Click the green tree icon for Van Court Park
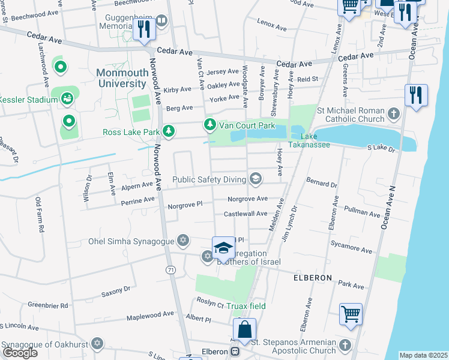pos(209,125)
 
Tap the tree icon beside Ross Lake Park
pos(170,131)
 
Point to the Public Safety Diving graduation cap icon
pos(256,179)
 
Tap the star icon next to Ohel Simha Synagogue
pos(183,241)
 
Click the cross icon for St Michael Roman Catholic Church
pos(393,114)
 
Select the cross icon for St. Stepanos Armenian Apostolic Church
pos(344,345)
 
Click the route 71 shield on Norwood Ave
pos(172,271)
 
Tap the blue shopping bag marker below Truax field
pos(245,330)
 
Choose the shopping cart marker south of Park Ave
pos(351,314)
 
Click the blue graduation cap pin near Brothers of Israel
pos(223,248)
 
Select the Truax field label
pos(246,306)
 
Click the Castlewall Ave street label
pos(245,214)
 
